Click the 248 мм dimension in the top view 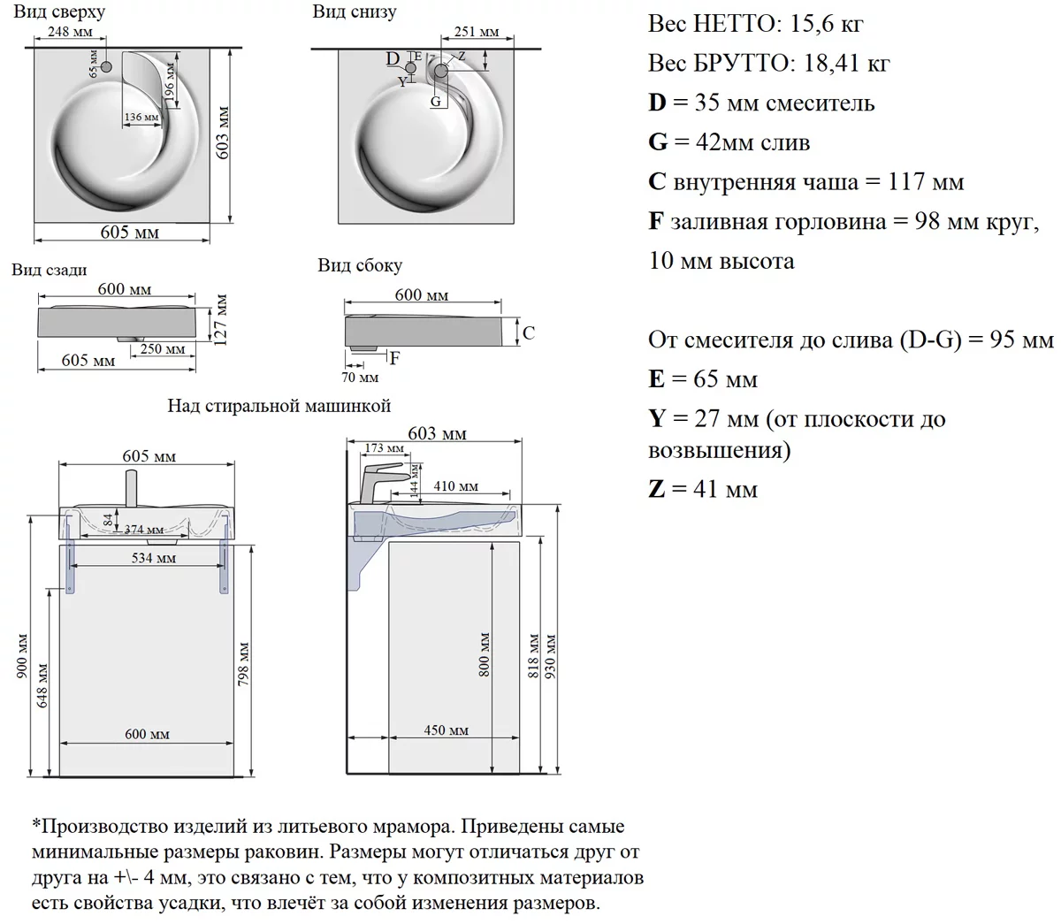point(70,32)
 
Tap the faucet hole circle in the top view point(106,66)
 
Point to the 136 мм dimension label point(141,117)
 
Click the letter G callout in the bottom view point(436,101)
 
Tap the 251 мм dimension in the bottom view point(477,32)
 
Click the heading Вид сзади point(50,270)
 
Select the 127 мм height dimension point(221,320)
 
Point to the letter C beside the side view point(529,332)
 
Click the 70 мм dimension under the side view point(360,378)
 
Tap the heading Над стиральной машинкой point(279,406)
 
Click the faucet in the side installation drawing point(382,483)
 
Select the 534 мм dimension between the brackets point(154,558)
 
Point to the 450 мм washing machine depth point(446,730)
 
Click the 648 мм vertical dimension point(42,685)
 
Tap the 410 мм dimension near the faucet point(456,485)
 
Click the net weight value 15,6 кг point(827,24)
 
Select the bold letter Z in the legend point(657,488)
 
